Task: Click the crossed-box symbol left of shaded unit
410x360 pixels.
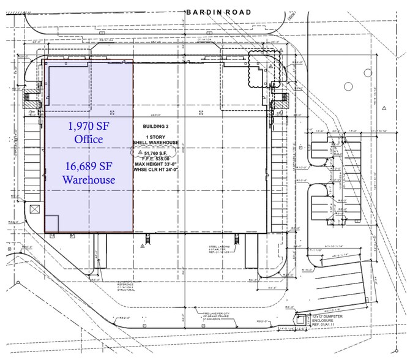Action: [x=34, y=209]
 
